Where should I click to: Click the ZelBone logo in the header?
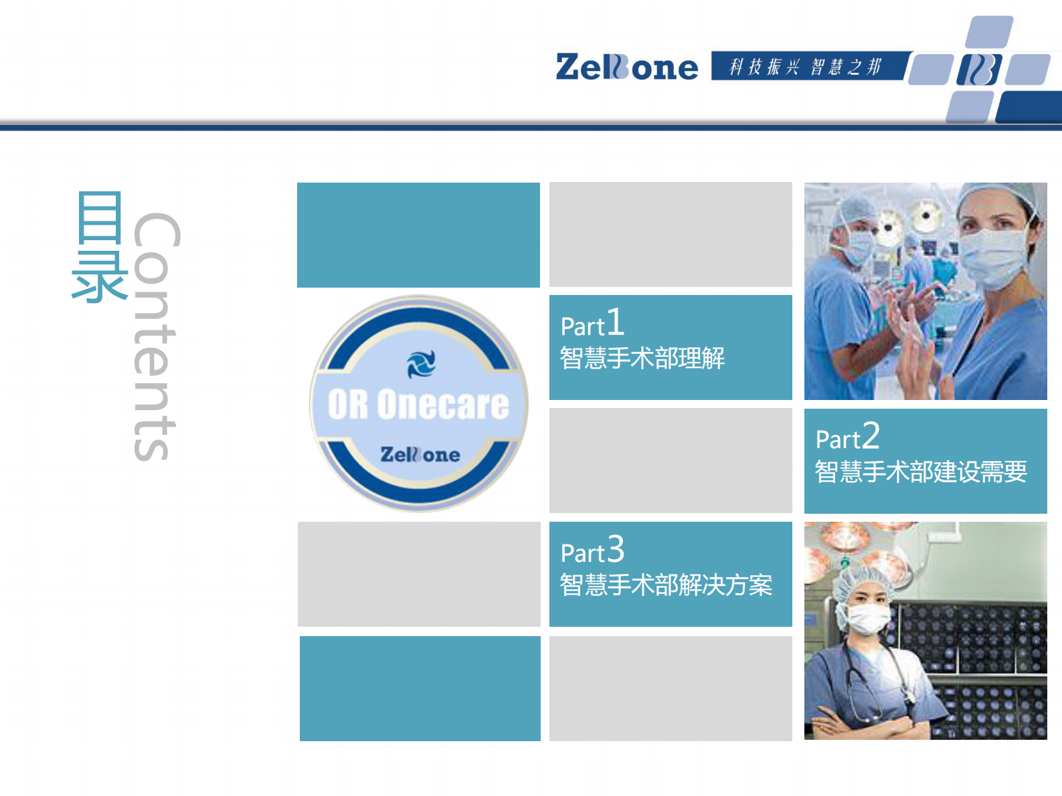click(x=626, y=67)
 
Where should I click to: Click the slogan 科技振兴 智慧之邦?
click(x=805, y=67)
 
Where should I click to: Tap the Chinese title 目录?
click(x=99, y=246)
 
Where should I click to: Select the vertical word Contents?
click(x=157, y=336)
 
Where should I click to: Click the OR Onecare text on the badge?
click(x=418, y=405)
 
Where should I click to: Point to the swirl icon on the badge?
click(x=421, y=364)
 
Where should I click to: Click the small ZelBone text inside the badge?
click(x=420, y=455)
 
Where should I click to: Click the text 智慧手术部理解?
click(x=642, y=359)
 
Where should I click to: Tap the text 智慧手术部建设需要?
click(x=921, y=472)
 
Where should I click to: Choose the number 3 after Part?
click(x=616, y=549)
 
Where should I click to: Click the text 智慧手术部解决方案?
click(x=666, y=585)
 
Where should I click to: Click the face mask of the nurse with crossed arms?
click(x=868, y=619)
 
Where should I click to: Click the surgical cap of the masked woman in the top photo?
click(x=997, y=197)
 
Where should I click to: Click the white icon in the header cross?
click(x=978, y=70)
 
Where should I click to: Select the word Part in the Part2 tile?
click(x=837, y=439)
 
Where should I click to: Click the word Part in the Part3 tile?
click(x=582, y=553)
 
